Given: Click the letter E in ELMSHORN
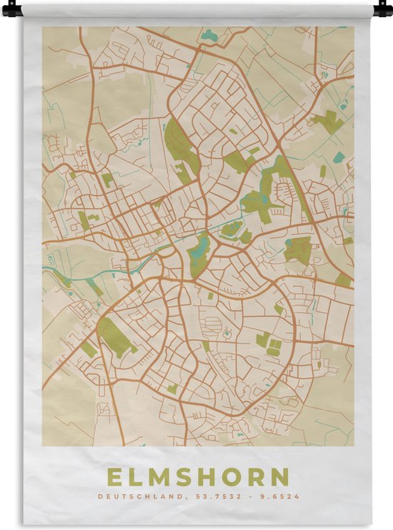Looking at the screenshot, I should coord(114,477).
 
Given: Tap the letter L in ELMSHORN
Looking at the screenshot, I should coord(137,477).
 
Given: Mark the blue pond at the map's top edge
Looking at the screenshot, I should coord(209,34).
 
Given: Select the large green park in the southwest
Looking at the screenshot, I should coord(114,336).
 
